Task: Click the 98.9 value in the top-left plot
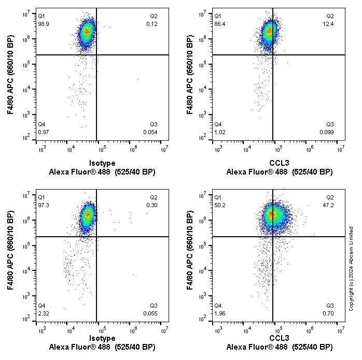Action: (x=43, y=24)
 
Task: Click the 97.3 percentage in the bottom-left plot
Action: (x=43, y=205)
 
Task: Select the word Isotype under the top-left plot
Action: (x=102, y=163)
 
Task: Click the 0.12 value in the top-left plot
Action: (x=152, y=24)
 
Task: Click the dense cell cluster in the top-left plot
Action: (x=87, y=31)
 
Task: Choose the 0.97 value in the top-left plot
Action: (x=43, y=133)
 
